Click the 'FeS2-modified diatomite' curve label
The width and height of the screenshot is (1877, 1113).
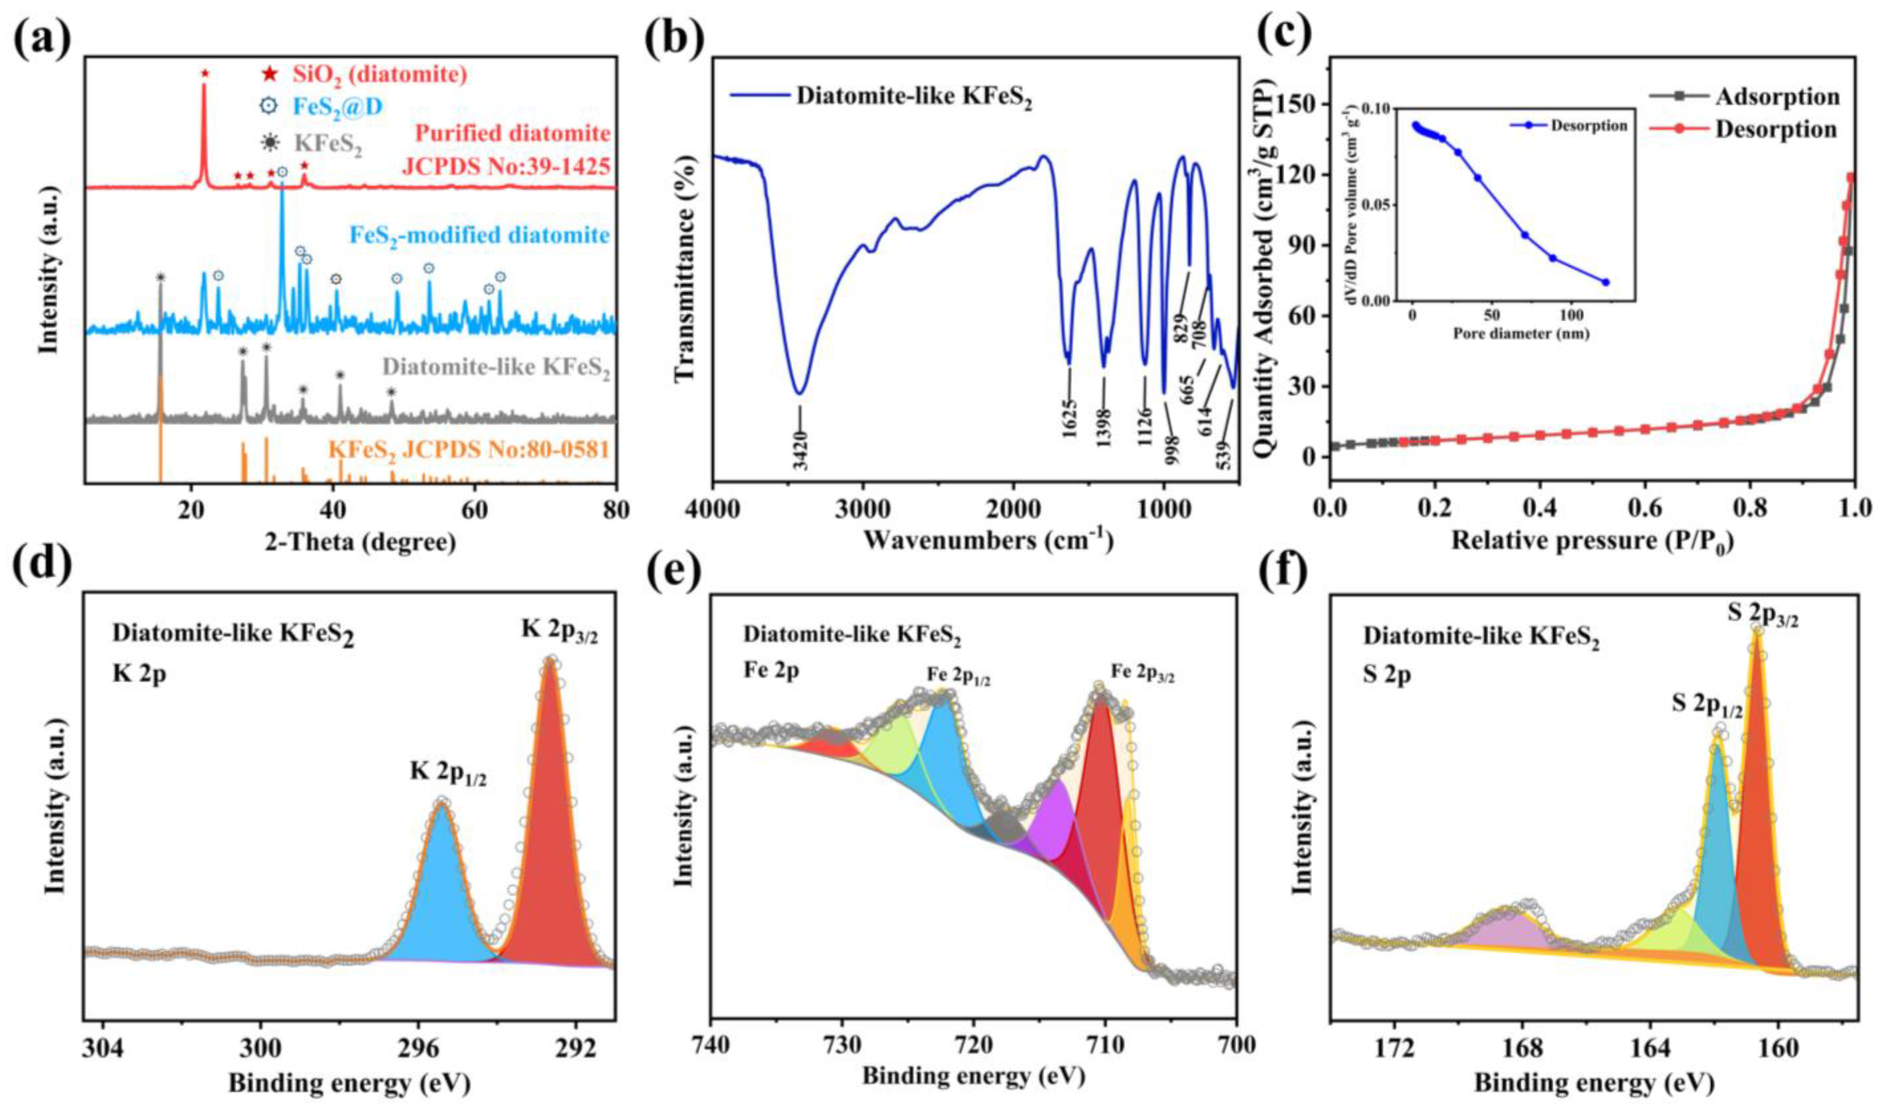480,236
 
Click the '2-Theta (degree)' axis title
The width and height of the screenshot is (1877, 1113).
360,542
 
